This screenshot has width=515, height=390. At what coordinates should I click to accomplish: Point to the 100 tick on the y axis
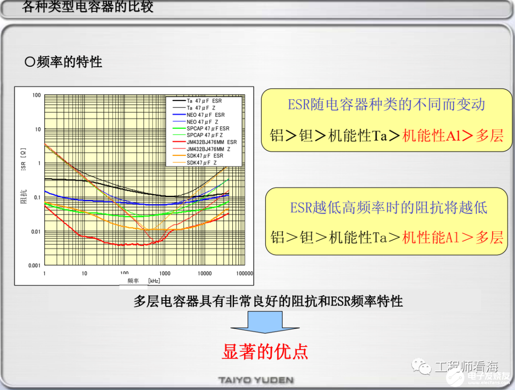37,95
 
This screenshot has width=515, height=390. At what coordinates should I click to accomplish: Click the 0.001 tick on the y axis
33,266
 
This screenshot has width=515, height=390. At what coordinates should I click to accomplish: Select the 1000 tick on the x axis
165,274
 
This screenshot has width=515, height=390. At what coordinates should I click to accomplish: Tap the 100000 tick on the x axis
245,274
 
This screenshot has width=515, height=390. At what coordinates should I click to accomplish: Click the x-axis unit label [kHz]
154,281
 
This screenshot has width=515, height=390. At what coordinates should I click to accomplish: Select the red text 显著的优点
265,351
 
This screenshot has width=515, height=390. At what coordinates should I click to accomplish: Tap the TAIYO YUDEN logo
256,380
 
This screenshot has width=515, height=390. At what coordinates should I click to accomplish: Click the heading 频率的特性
63,62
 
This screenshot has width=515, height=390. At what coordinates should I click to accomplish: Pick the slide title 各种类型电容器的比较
88,7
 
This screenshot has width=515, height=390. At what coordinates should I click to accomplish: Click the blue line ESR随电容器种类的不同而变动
386,105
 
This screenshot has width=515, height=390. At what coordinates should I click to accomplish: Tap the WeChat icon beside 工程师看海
422,366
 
